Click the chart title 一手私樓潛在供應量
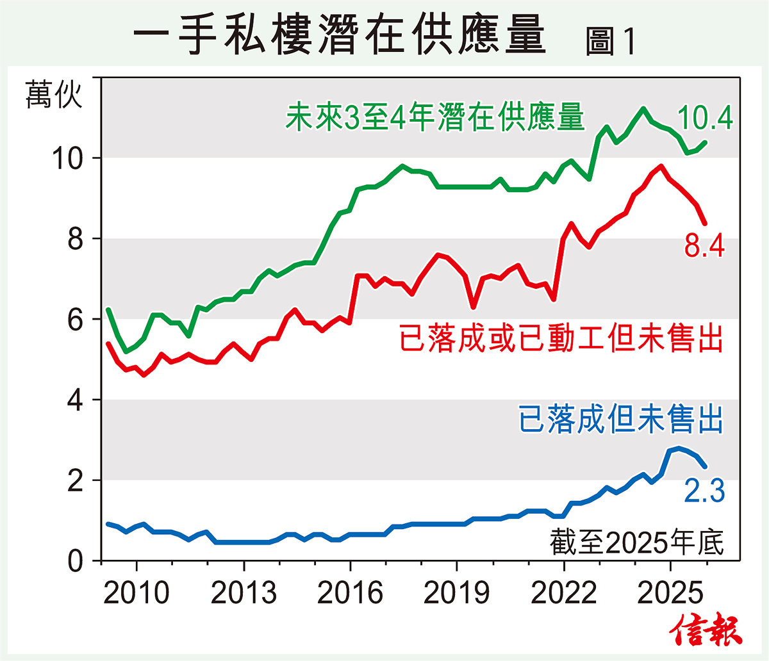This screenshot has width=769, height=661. [340, 35]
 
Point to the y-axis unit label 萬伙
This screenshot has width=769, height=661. [54, 95]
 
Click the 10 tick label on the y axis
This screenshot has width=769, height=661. [67, 158]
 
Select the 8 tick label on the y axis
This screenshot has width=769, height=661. [76, 239]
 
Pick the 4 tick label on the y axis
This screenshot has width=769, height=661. [76, 400]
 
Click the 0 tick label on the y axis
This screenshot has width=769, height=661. [76, 562]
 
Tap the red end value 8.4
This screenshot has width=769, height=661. [704, 246]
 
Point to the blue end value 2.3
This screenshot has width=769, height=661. [704, 492]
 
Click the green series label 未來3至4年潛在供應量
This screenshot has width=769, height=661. [435, 118]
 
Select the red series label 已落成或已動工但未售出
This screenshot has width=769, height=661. [561, 338]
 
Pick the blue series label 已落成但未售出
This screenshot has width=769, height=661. [621, 420]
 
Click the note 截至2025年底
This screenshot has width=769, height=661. [637, 543]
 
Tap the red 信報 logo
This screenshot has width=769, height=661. [706, 631]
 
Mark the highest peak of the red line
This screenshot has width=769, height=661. [661, 167]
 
